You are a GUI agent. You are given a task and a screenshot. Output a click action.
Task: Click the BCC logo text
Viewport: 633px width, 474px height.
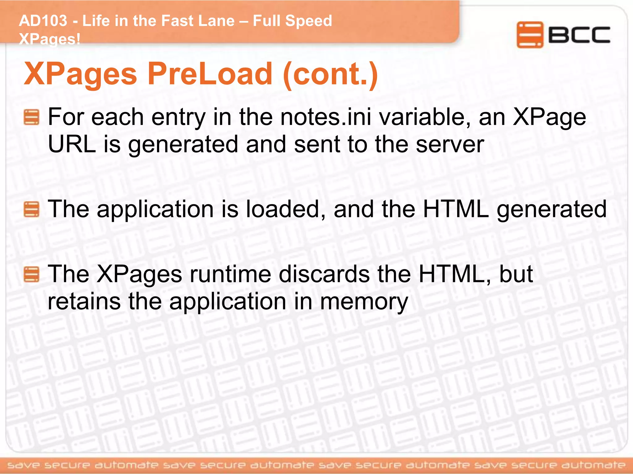(x=579, y=35)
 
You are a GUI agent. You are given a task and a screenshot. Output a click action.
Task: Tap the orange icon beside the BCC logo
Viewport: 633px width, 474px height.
(x=529, y=35)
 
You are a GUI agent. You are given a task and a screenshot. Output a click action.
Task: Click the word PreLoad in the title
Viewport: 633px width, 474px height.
(x=210, y=74)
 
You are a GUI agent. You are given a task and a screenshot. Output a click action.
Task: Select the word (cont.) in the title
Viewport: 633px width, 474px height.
(x=330, y=74)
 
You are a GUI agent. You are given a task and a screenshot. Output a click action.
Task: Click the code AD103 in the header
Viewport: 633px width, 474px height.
(x=43, y=21)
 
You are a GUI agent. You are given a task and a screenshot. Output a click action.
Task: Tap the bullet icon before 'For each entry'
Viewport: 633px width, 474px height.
(x=32, y=117)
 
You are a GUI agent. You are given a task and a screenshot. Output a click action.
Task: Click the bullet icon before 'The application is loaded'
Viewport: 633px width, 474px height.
(x=32, y=209)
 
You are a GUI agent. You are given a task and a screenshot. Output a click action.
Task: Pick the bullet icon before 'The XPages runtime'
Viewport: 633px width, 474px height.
(x=32, y=274)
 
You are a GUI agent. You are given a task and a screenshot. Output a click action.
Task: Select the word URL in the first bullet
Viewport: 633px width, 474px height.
(x=72, y=144)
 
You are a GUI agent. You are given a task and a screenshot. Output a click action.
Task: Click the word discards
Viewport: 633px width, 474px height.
(x=324, y=274)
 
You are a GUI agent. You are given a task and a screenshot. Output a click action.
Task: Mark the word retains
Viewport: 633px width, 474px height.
(x=84, y=302)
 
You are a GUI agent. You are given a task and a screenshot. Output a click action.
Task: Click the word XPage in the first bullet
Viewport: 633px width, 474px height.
(x=549, y=118)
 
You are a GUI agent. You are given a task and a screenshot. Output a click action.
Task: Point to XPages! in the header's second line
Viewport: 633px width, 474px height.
(x=49, y=39)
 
